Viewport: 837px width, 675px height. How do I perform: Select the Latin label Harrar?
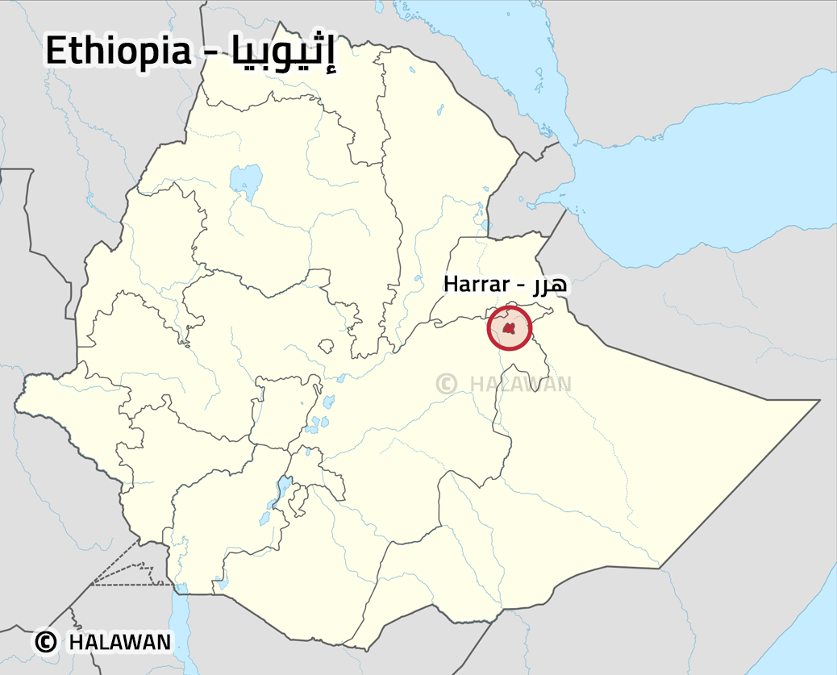(476, 284)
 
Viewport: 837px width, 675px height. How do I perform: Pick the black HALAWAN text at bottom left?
(120, 642)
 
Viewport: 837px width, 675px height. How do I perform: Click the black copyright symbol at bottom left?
(46, 642)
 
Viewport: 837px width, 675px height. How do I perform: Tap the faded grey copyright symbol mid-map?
(447, 383)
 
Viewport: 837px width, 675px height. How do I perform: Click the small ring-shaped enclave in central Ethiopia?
(326, 346)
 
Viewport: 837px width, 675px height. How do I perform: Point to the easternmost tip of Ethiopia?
(818, 400)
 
